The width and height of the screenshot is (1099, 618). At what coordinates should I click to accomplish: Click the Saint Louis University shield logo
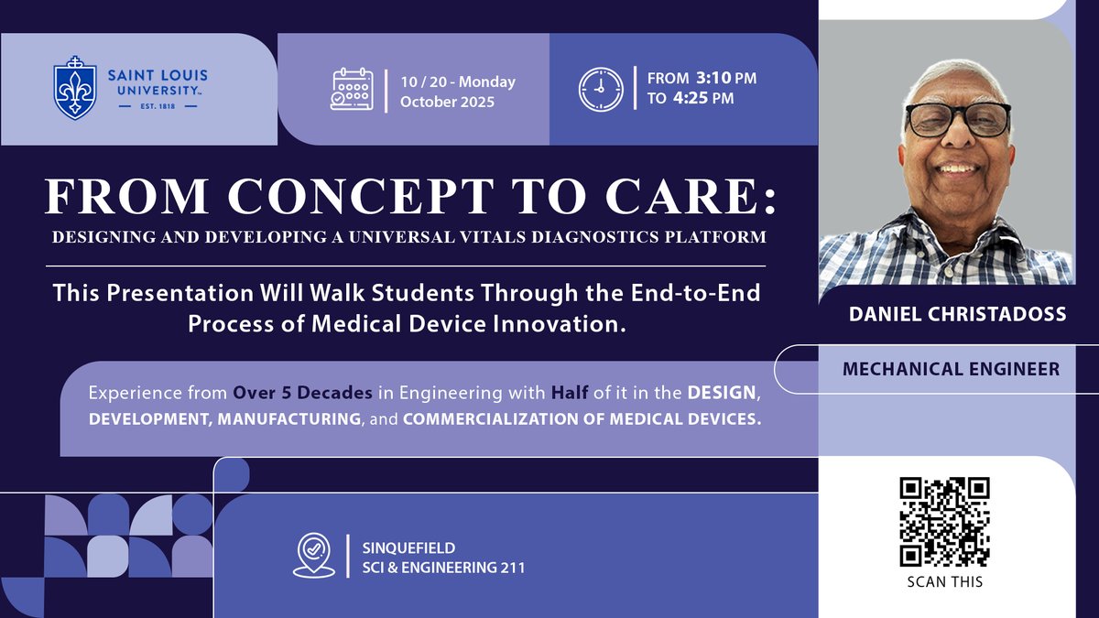point(75,88)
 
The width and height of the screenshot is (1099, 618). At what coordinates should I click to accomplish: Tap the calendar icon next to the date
point(352,90)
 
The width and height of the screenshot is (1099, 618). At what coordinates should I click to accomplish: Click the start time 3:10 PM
point(715,79)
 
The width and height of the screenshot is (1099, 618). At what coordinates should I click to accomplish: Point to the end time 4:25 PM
point(715,99)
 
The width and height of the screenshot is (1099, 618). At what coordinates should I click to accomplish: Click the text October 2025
point(447,102)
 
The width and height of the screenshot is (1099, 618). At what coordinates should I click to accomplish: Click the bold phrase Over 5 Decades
point(302,393)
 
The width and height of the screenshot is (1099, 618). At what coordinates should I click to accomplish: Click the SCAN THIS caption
point(946,581)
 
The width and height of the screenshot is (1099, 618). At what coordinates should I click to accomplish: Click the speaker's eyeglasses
point(957,119)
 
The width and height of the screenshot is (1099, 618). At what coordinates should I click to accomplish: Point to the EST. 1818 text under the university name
point(160,106)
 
